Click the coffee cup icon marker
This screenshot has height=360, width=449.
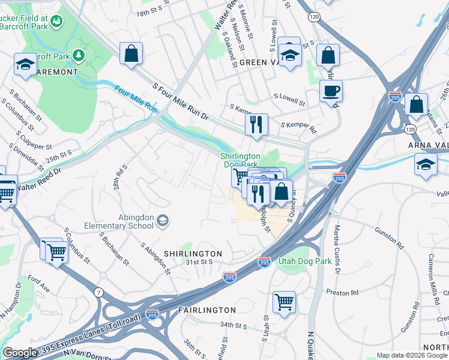[330, 92]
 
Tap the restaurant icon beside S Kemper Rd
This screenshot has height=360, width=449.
[256, 125]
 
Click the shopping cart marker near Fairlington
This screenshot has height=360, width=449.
[284, 302]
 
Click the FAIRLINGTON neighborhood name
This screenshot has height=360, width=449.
[207, 310]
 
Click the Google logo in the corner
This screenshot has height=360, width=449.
[20, 353]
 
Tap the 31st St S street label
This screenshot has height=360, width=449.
[199, 262]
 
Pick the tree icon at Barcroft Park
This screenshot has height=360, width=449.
[79, 56]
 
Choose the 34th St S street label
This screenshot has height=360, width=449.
[234, 325]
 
